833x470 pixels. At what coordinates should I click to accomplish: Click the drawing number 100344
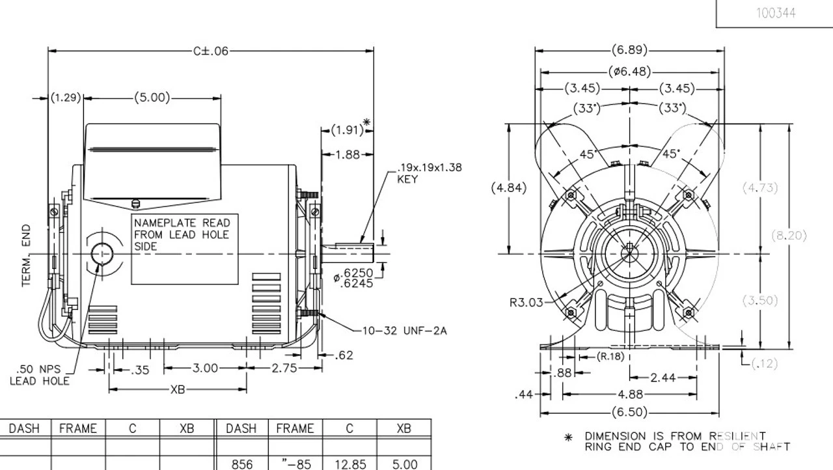pyautogui.click(x=775, y=13)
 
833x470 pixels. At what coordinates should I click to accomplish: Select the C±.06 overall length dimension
pyautogui.click(x=211, y=51)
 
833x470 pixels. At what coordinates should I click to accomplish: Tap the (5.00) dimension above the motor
pyautogui.click(x=152, y=98)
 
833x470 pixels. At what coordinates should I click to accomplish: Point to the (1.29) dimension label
pyautogui.click(x=66, y=98)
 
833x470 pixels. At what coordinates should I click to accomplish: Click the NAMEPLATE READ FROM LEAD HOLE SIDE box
pyautogui.click(x=185, y=249)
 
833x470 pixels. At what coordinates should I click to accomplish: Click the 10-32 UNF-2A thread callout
pyautogui.click(x=404, y=331)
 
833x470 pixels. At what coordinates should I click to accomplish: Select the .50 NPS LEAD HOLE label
pyautogui.click(x=39, y=376)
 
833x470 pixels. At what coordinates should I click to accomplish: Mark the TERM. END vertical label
pyautogui.click(x=27, y=256)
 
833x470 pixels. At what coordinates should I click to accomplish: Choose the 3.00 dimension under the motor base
pyautogui.click(x=205, y=368)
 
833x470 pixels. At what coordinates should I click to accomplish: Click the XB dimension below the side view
pyautogui.click(x=178, y=389)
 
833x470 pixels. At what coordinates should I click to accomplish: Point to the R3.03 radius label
pyautogui.click(x=526, y=303)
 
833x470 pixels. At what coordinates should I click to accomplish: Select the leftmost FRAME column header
pyautogui.click(x=78, y=428)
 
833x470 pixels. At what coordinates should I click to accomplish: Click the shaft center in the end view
pyautogui.click(x=630, y=253)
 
